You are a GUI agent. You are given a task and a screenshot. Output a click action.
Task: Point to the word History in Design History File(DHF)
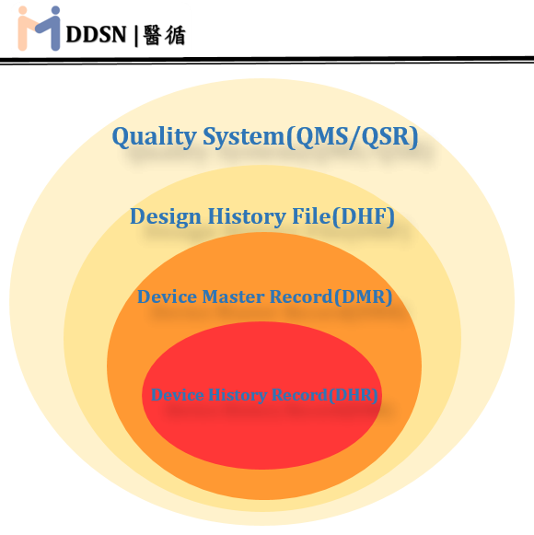click(238, 217)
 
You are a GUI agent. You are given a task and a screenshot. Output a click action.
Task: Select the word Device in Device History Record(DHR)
click(179, 395)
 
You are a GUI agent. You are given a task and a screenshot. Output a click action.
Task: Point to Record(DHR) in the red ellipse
click(337, 395)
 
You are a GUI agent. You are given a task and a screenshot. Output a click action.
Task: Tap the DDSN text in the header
click(98, 35)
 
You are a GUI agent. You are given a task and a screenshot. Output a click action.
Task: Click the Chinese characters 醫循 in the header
click(166, 35)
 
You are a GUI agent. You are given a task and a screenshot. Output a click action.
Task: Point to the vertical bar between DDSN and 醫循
click(136, 36)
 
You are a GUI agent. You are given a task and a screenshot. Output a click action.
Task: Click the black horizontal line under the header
click(267, 60)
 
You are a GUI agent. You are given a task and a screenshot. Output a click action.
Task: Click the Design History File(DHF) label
click(261, 217)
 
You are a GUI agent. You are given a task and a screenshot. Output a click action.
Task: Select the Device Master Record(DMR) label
click(264, 297)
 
